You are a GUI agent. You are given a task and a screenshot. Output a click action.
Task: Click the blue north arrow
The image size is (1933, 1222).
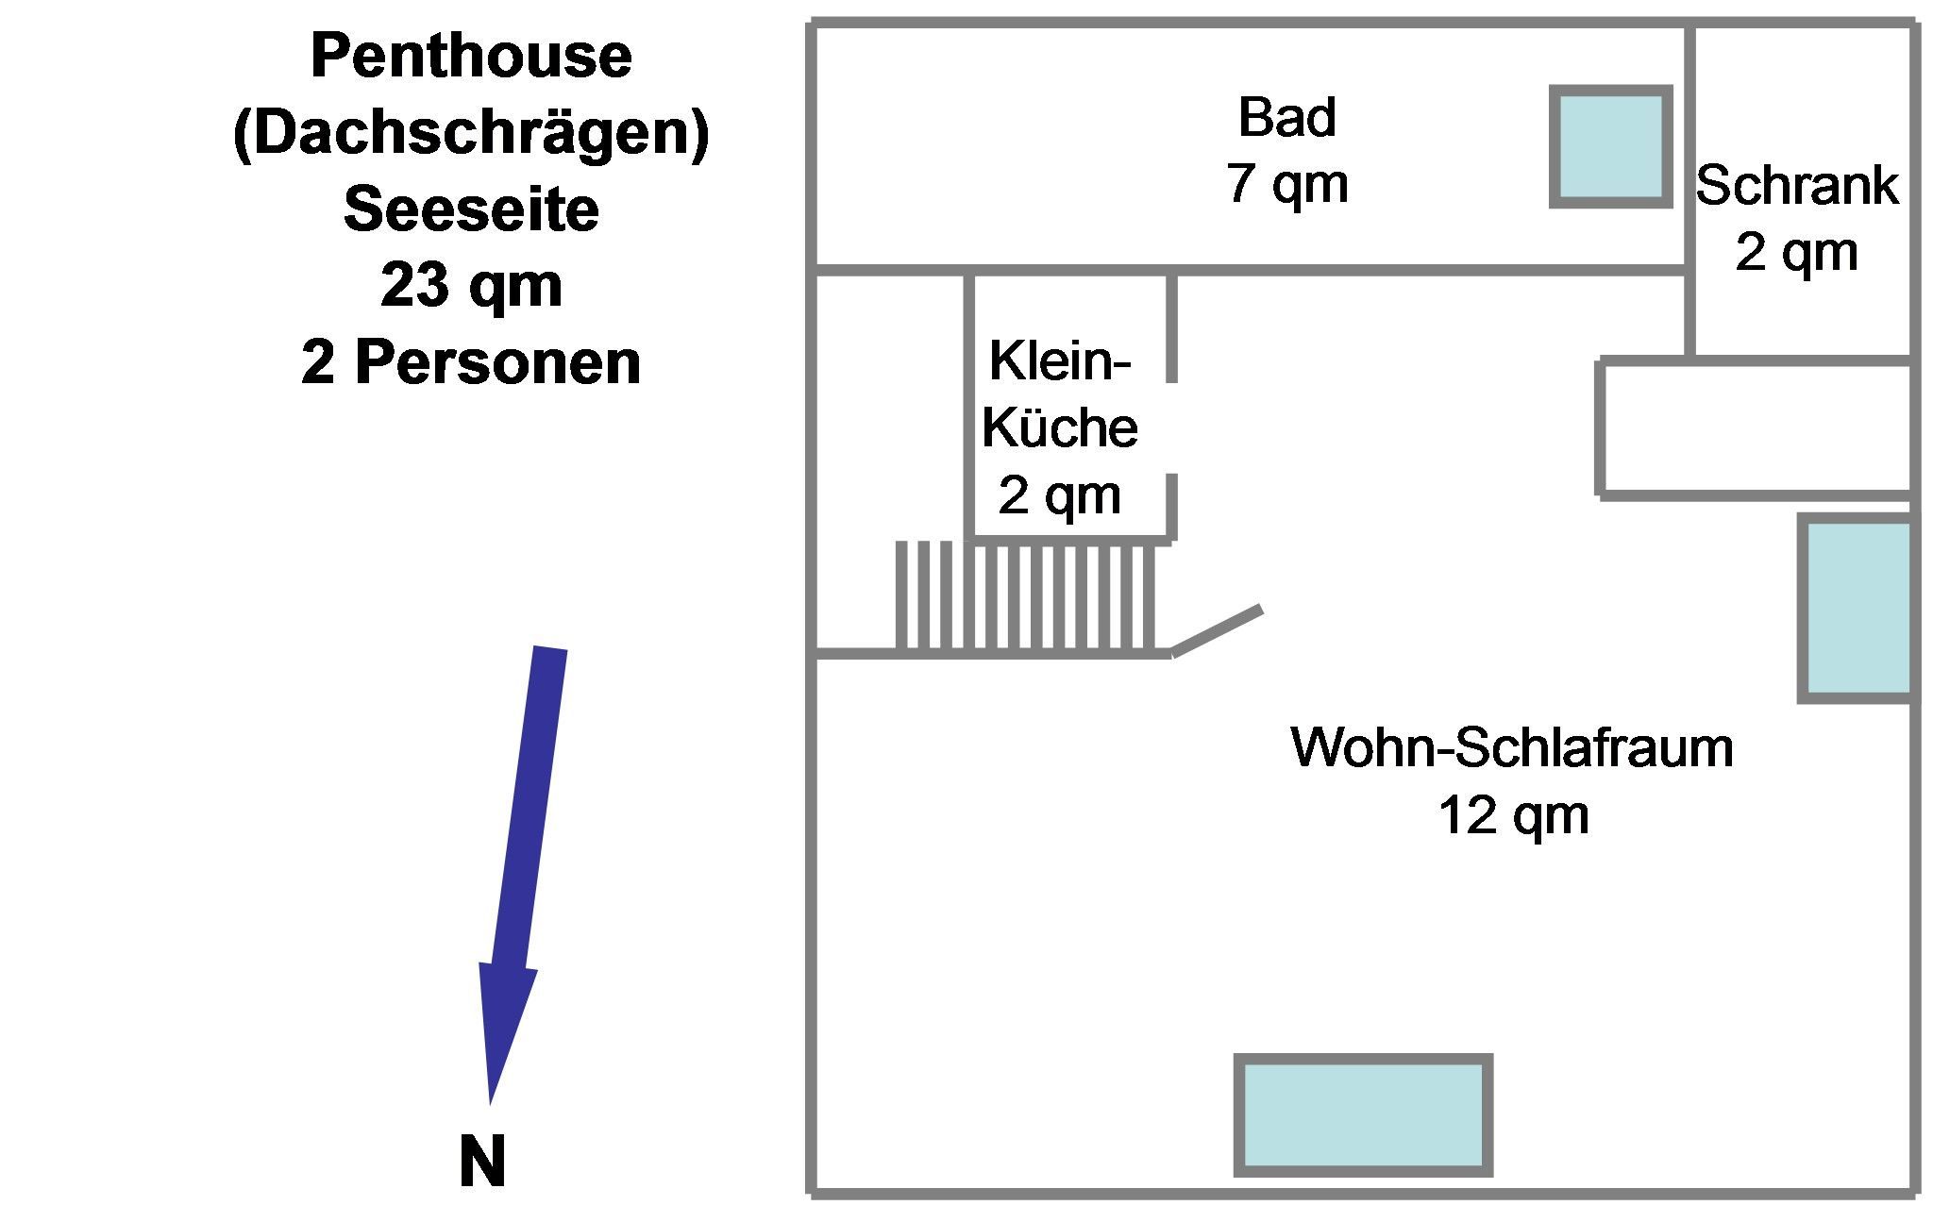point(522,849)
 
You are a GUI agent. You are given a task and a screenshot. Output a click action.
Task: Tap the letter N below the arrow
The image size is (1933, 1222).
point(482,1162)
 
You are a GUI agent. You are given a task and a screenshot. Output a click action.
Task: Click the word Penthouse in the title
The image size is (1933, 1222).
point(471,56)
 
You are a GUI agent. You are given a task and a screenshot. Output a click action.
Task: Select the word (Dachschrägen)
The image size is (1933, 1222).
point(471,133)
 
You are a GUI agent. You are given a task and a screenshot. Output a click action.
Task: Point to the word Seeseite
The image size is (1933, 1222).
point(471,209)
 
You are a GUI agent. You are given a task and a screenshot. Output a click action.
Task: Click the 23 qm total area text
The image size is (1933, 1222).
point(471,285)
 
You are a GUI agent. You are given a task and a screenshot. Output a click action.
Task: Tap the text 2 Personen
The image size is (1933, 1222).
point(471,362)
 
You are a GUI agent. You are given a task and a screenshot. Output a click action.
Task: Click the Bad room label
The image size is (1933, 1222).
point(1286,117)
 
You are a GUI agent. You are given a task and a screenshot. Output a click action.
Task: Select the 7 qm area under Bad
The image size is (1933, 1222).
point(1286,182)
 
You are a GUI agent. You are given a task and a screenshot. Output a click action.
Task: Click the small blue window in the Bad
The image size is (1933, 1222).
point(1610,146)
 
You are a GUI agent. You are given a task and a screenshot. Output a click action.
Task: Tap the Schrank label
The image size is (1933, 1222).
point(1796,185)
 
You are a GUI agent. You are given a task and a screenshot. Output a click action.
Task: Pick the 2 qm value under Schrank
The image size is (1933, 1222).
point(1796,252)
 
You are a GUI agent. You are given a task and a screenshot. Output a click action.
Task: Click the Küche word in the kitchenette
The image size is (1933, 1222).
point(1059,427)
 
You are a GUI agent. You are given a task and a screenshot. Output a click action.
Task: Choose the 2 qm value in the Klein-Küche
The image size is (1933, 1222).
point(1059,494)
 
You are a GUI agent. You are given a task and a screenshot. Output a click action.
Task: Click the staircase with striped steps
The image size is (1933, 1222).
point(1025,596)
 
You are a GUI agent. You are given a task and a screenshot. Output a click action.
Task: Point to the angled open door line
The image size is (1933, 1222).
point(1217,630)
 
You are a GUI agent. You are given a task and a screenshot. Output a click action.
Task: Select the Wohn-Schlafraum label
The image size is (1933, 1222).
point(1512,747)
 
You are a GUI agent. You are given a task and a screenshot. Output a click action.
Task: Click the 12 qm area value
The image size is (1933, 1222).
point(1512,814)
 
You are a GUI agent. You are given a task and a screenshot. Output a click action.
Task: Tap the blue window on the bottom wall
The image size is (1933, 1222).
point(1363,1115)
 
